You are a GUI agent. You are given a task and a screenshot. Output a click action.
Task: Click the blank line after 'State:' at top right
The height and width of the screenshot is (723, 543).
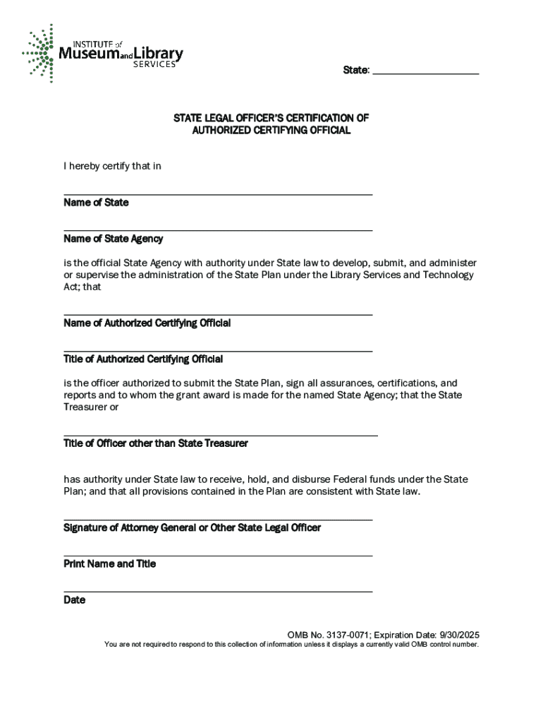coord(425,73)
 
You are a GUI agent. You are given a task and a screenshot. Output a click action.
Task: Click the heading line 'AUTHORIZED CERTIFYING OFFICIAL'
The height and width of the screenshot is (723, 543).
coord(271,131)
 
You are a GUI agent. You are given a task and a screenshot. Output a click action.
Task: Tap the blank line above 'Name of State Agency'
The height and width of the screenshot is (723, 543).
coord(218,229)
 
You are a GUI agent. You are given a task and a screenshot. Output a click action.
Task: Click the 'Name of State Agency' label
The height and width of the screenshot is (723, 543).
coord(113,239)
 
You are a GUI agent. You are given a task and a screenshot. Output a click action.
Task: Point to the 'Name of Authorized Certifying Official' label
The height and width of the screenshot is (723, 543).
coord(147,323)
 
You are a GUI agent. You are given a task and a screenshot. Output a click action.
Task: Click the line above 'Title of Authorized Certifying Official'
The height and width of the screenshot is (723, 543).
coord(218,350)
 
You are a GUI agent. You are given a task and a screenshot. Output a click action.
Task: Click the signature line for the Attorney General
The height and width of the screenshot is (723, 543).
coord(218,520)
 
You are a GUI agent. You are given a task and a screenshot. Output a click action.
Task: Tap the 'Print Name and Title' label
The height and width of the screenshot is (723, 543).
coord(109,564)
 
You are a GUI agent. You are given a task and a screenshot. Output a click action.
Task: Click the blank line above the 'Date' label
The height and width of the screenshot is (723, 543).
coord(218,591)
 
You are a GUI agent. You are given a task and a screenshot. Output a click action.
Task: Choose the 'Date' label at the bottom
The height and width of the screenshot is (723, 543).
coord(74,600)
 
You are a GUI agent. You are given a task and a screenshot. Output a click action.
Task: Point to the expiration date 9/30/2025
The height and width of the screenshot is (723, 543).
coord(458,634)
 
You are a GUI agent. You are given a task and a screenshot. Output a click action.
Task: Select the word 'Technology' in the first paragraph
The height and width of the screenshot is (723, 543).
coord(448,275)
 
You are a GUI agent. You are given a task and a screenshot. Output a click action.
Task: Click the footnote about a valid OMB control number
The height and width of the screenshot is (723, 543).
coord(291,645)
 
